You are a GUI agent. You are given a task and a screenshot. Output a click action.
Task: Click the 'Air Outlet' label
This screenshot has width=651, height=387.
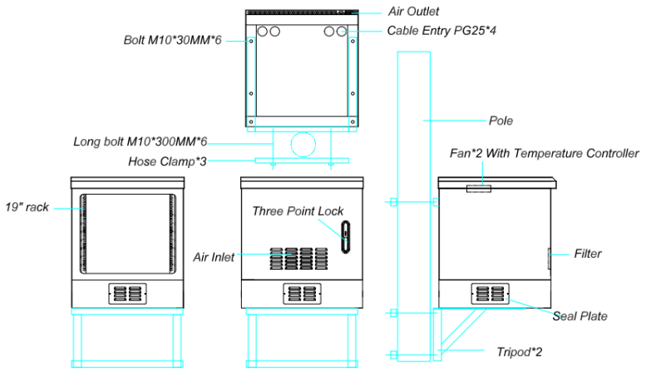(413, 12)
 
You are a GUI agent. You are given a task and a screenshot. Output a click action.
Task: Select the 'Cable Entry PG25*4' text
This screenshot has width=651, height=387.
(441, 31)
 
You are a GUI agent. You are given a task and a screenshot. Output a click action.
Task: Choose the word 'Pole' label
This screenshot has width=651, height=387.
(501, 121)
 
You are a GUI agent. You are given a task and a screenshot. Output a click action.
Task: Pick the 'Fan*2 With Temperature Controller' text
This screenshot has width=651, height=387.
(541, 153)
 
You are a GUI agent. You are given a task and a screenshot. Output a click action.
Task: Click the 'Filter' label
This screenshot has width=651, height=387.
(587, 253)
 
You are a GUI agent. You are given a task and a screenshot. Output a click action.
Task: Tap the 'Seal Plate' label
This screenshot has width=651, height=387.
(579, 315)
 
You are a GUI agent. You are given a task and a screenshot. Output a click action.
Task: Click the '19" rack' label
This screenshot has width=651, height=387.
(27, 206)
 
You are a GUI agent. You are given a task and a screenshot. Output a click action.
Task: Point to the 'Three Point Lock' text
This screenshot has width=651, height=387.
(298, 211)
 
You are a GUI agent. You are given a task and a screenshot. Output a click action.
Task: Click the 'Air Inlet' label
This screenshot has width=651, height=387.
(214, 256)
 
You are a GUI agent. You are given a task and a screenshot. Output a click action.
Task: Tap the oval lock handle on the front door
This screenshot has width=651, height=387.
(345, 231)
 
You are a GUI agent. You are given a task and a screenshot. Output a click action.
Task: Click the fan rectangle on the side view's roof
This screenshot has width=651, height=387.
(478, 188)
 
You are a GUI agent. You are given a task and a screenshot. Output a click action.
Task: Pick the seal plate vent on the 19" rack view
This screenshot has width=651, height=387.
(127, 294)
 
